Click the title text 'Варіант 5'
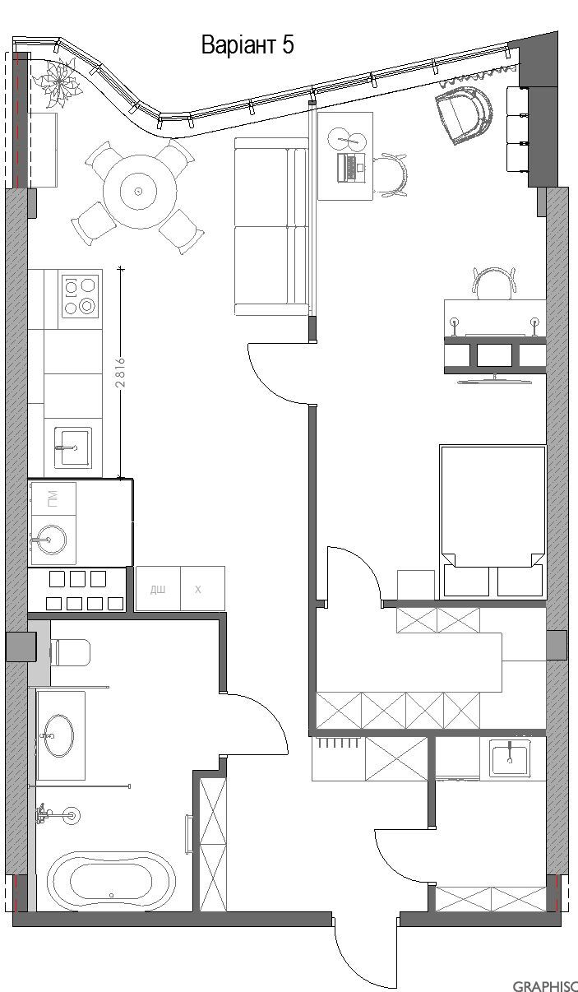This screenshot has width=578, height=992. (247, 46)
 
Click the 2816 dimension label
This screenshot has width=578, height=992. (120, 372)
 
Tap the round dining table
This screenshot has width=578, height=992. (138, 192)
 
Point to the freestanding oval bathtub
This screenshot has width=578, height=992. (111, 880)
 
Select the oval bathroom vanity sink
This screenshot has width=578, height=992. (60, 735)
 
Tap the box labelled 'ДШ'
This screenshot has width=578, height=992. (157, 589)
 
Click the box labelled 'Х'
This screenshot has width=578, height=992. (198, 589)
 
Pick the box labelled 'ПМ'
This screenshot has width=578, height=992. (53, 498)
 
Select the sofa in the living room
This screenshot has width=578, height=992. (271, 226)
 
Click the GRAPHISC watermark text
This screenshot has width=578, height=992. (545, 985)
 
